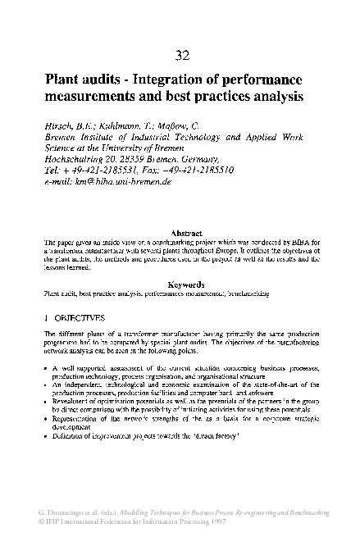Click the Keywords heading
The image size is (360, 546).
(x=180, y=284)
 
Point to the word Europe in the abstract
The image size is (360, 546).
(x=224, y=251)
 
